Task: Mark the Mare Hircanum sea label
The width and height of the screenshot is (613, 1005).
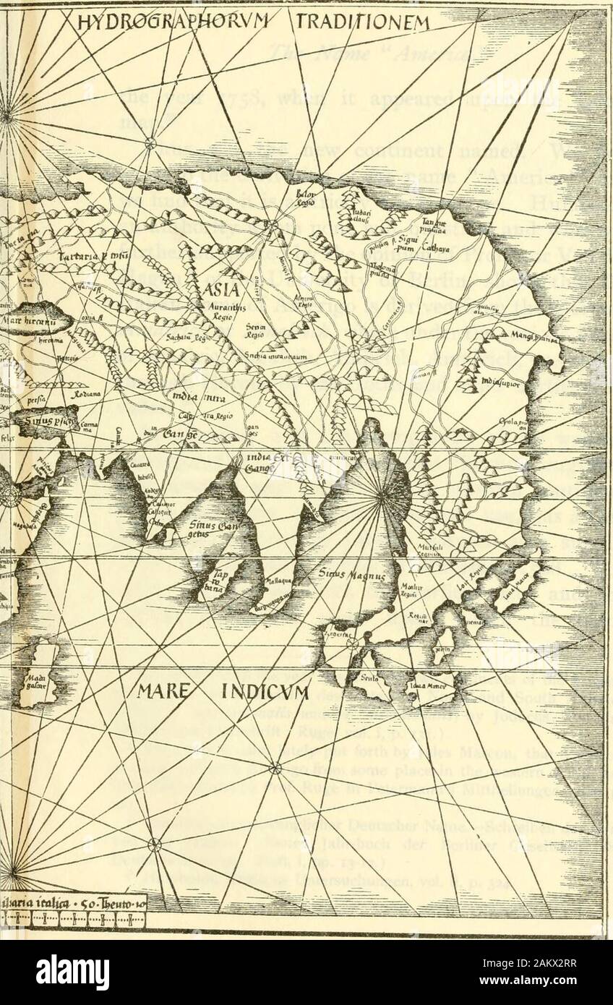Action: coord(30,315)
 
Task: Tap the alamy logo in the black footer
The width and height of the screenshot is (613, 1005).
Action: coord(72,972)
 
